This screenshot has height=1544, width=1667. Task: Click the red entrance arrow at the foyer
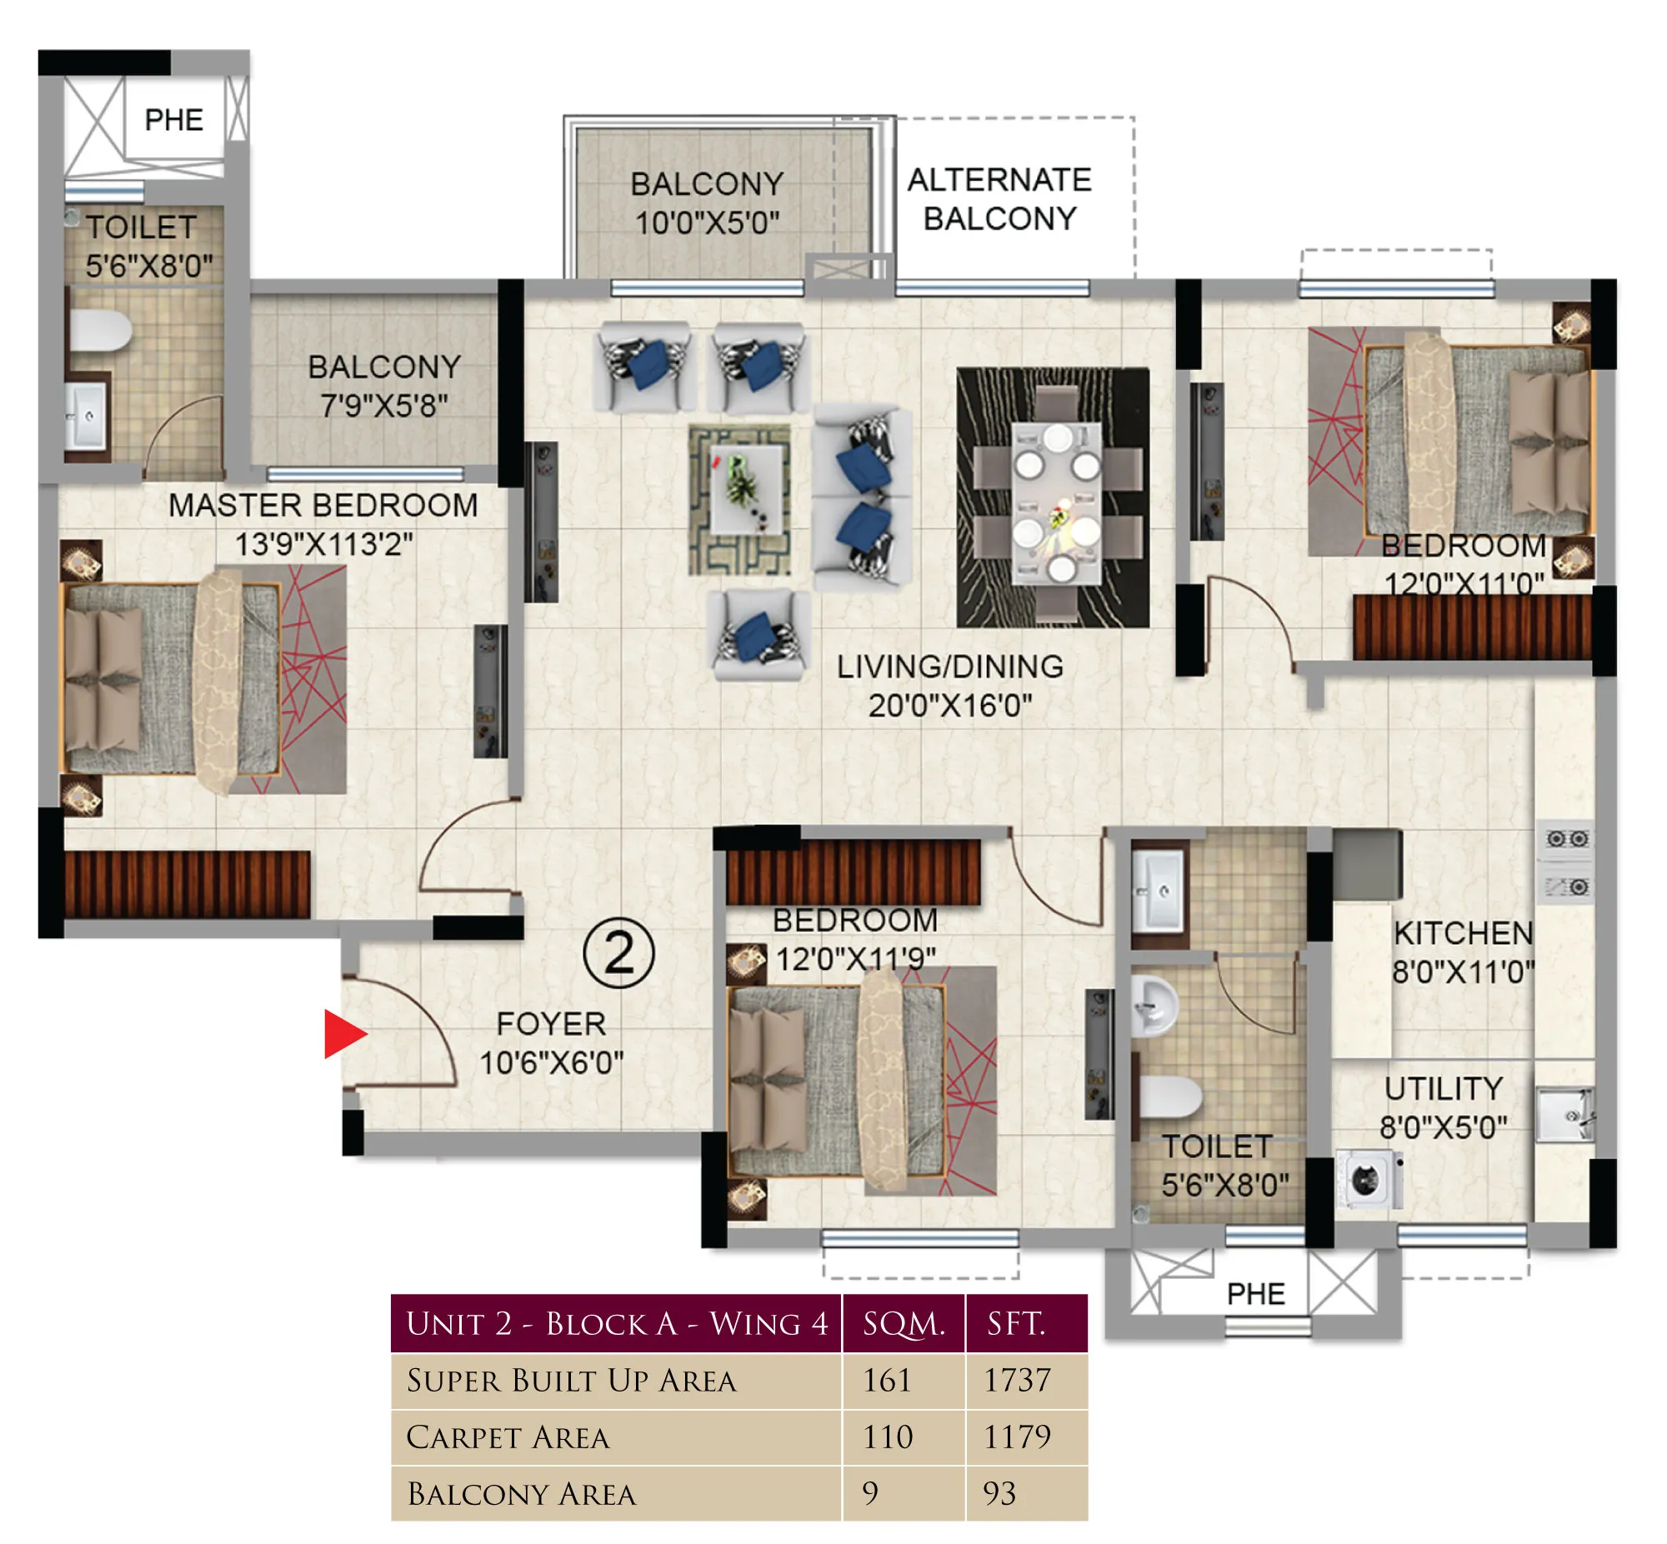click(x=342, y=1033)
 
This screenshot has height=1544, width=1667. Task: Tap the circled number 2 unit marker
click(x=618, y=952)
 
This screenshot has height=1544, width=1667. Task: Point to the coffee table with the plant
click(x=745, y=490)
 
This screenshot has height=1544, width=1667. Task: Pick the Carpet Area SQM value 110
click(x=887, y=1437)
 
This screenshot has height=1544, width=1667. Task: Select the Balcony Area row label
click(x=522, y=1494)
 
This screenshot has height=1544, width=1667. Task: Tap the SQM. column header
click(x=904, y=1323)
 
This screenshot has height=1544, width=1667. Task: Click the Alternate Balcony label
click(x=999, y=199)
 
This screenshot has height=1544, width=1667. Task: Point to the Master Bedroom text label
click(x=323, y=506)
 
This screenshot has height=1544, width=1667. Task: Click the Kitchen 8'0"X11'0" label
click(x=1462, y=952)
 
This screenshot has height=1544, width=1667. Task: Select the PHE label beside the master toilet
click(x=174, y=119)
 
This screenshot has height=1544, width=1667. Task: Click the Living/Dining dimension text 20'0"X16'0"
click(x=950, y=706)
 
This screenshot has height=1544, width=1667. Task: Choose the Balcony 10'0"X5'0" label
click(x=707, y=203)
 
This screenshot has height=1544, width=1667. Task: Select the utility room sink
click(x=1564, y=1115)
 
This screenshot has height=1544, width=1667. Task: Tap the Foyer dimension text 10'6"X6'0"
click(x=552, y=1062)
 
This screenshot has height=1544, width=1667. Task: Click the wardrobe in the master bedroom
click(x=188, y=884)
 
